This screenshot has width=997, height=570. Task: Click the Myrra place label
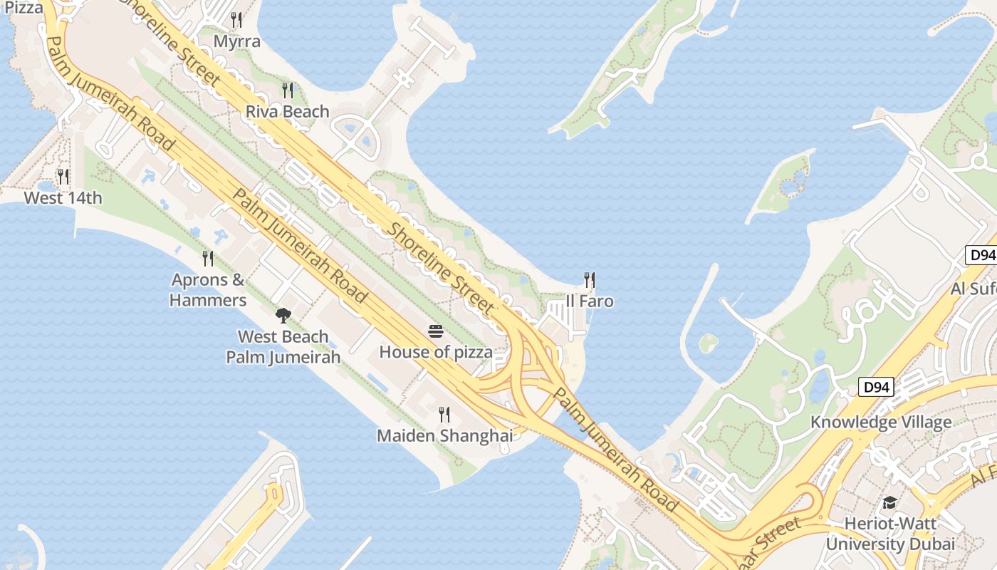coord(237,41)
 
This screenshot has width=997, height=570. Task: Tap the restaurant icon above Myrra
coord(237,19)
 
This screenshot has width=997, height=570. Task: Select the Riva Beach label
coord(288,111)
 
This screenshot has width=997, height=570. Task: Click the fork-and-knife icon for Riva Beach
coord(288,90)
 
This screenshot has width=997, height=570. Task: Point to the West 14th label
coord(63,197)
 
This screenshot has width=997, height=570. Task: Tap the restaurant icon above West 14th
coord(63,176)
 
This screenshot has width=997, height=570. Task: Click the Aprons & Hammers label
coord(208,289)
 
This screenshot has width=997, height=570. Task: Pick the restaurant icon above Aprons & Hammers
coord(208,258)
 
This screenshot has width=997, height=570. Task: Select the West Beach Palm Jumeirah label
coord(283,346)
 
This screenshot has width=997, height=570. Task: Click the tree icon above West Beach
coord(283,315)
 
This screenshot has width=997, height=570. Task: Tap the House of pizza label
coord(436,352)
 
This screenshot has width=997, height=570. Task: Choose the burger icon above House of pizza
coord(436,331)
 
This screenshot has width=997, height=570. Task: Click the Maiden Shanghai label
coord(444,435)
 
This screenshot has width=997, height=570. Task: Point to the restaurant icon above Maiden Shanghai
coord(444,414)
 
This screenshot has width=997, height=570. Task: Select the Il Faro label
coord(590,301)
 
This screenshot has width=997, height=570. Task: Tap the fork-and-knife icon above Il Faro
coord(590,279)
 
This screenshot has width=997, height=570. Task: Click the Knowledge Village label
coord(881,422)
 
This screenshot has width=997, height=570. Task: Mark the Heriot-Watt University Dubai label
coord(889,534)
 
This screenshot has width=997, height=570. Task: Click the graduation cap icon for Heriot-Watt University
coord(889,503)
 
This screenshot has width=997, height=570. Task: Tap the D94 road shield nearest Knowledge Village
coord(875,388)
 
